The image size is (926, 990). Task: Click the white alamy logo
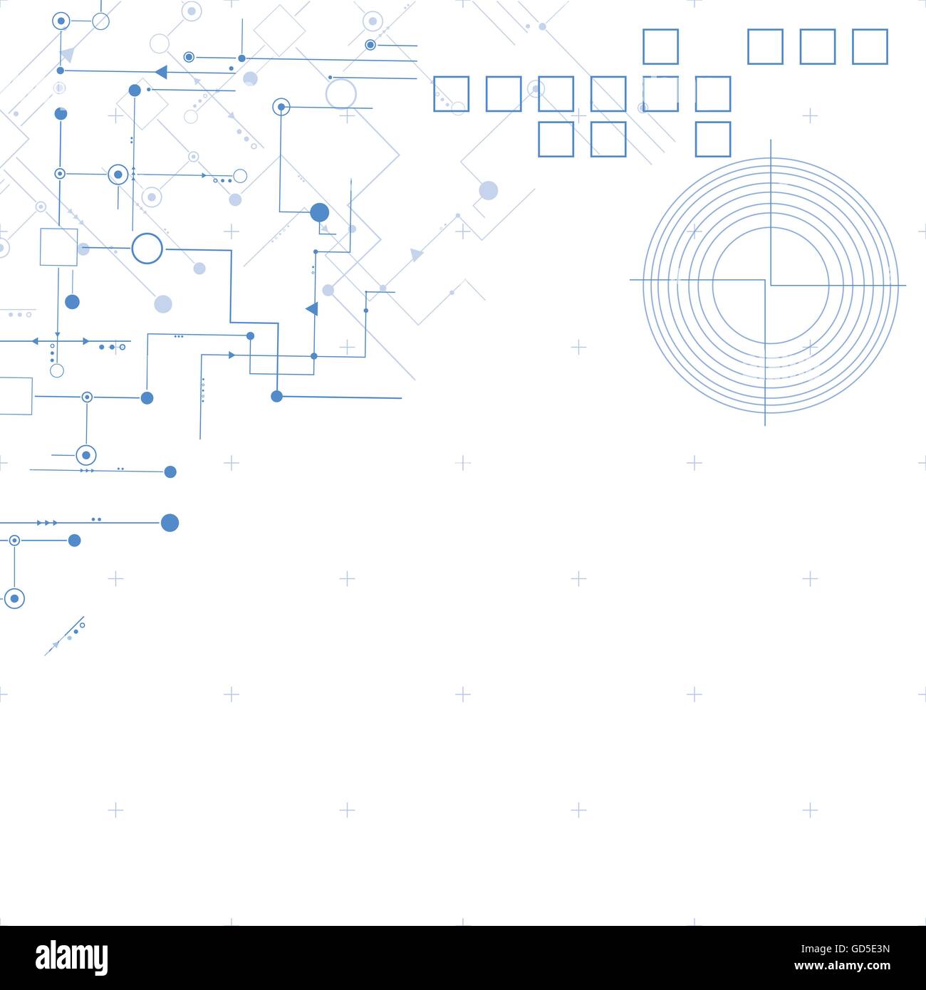point(71,957)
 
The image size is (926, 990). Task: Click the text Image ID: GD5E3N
point(846,949)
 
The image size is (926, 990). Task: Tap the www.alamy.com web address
point(842,966)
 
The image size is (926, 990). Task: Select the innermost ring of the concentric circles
point(771,228)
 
